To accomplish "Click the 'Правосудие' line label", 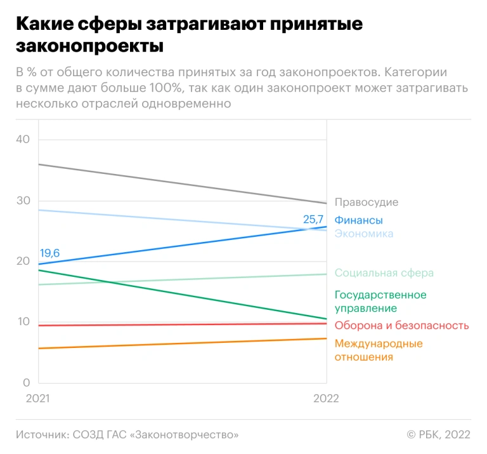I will tap(366, 202).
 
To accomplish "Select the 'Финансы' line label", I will tap(358, 220).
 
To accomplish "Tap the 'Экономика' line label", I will tap(363, 234).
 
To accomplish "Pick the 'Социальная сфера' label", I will tap(384, 272).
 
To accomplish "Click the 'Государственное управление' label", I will tap(380, 302).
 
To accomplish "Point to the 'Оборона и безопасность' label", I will tap(401, 326).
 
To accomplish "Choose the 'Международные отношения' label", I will tap(378, 351).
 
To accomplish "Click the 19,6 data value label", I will tap(49, 253).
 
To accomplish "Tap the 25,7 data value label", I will tap(313, 219).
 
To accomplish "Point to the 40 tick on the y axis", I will tap(23, 139).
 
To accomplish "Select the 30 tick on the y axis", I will tap(23, 200).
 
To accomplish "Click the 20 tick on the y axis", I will tap(23, 261).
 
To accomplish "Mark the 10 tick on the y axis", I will tap(23, 322).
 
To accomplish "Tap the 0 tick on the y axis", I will tap(26, 383).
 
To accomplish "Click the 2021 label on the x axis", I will tap(37, 399).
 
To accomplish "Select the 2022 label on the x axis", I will tap(327, 399).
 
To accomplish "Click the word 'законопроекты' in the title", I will tap(89, 46).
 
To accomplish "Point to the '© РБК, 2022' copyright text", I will tap(438, 434).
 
